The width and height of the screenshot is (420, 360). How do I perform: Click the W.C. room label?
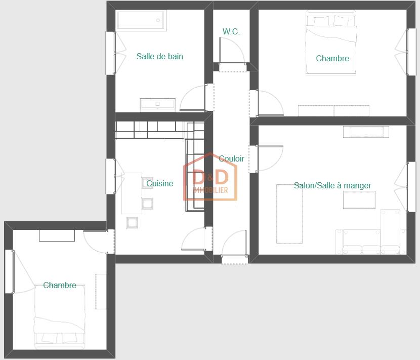tap(231, 31)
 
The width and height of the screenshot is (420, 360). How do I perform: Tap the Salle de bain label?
tap(159, 56)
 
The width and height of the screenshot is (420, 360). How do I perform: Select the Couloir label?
tap(231, 158)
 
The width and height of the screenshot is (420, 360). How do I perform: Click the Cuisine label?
tap(159, 183)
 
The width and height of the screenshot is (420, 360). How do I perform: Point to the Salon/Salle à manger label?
tap(332, 185)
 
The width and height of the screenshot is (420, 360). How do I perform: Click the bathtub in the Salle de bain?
tap(142, 21)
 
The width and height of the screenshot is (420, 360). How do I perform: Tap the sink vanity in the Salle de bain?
tap(158, 104)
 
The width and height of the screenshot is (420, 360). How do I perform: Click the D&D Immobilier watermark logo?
tap(211, 180)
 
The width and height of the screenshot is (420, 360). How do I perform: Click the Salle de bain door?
tap(194, 98)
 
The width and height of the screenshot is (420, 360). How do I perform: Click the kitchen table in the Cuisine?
tap(132, 193)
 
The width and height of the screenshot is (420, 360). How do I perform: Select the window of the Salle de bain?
tap(110, 53)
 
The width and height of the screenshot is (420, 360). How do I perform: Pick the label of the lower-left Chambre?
tap(60, 285)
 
